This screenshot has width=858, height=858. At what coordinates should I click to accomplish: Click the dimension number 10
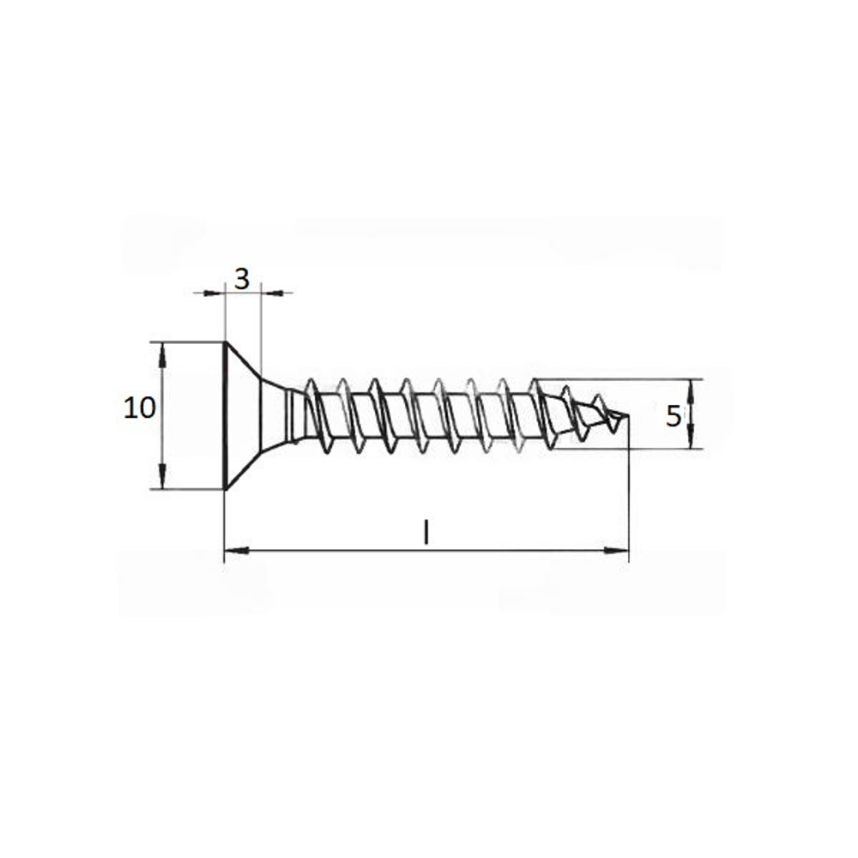tap(140, 408)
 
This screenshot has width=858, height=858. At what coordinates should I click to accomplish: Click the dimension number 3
tap(242, 279)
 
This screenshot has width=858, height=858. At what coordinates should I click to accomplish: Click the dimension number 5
tap(674, 417)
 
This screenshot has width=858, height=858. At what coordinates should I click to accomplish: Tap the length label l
tap(426, 532)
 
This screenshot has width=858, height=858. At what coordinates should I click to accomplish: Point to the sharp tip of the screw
tap(628, 415)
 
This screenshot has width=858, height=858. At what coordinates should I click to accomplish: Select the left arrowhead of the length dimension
tap(237, 550)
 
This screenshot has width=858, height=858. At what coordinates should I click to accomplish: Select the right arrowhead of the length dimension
tap(616, 551)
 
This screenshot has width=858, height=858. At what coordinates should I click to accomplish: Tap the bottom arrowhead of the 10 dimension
tap(162, 476)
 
